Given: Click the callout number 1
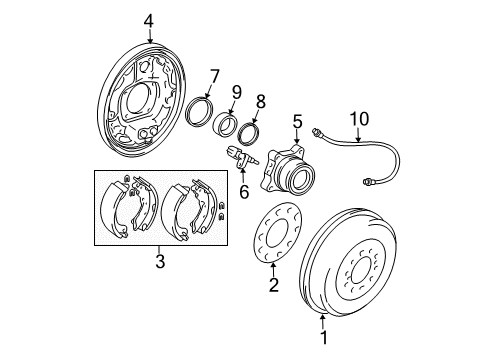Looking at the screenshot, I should click(x=322, y=350).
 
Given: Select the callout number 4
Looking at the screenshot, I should click(x=148, y=20).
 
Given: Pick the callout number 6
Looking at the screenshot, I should click(x=243, y=192).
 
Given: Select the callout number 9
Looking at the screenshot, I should click(x=236, y=92).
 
